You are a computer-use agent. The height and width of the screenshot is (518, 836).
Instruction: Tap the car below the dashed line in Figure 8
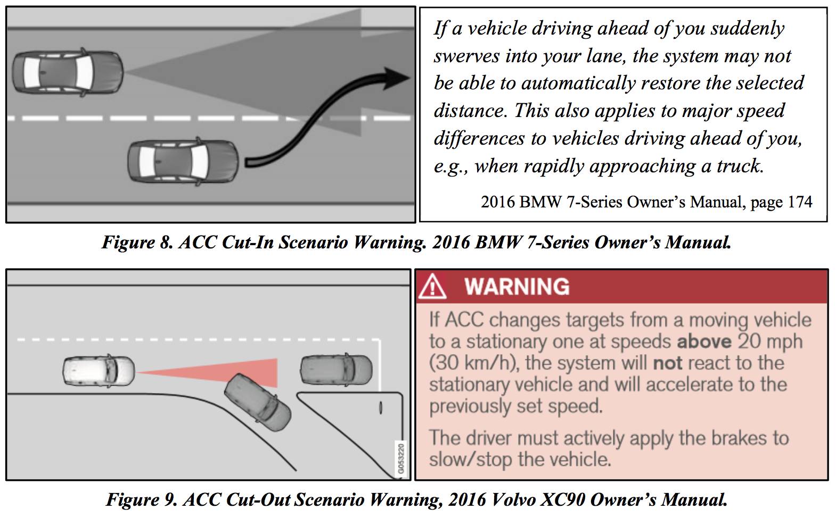click(x=183, y=161)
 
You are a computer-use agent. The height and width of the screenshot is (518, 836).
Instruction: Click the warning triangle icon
click(x=432, y=287)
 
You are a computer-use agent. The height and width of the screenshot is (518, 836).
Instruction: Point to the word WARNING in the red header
click(x=517, y=287)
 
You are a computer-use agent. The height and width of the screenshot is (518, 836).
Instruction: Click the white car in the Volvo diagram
click(x=99, y=370)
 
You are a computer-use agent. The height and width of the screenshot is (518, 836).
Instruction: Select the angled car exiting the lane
click(x=258, y=403)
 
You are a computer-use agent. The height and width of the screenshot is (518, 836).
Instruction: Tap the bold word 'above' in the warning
click(x=704, y=341)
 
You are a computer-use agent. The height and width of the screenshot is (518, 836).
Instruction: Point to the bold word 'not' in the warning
click(x=668, y=363)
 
